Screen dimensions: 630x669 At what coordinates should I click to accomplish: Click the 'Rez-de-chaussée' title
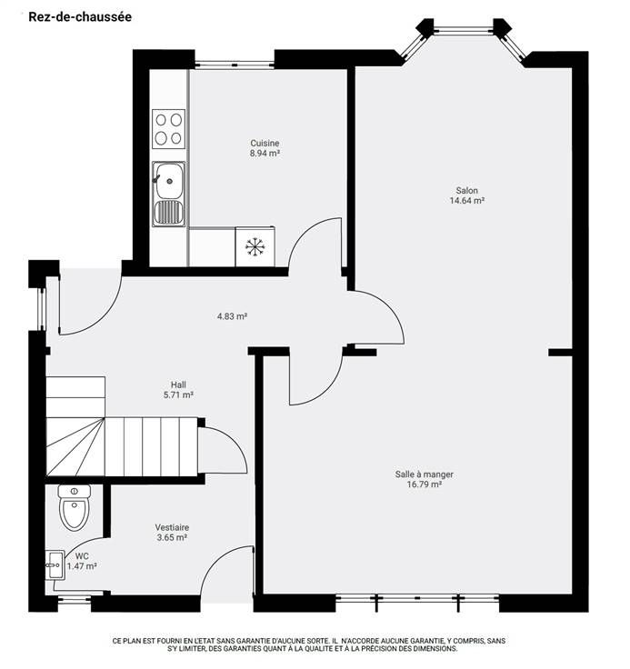(80, 17)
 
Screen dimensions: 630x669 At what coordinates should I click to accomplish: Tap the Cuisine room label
(265, 143)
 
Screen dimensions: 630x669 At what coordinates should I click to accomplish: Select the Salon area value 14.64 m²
(467, 201)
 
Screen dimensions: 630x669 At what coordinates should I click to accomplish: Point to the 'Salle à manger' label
(425, 474)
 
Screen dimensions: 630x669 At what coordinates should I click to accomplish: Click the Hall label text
(178, 384)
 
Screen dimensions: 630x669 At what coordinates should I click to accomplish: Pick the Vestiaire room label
(172, 527)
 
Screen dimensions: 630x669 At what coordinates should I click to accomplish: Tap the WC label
(82, 556)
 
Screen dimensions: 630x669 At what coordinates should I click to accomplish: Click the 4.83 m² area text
(232, 316)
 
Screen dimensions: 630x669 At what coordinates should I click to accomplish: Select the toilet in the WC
(75, 507)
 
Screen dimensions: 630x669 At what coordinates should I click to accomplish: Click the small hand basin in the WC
(55, 564)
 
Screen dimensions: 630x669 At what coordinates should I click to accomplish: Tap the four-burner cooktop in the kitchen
(168, 129)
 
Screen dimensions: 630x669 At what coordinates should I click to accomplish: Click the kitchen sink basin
(169, 181)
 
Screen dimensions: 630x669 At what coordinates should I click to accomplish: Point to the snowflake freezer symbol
(255, 247)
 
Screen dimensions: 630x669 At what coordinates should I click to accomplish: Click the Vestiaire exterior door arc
(215, 563)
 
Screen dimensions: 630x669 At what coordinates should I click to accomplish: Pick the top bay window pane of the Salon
(464, 30)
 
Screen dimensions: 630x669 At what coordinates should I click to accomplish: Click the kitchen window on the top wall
(235, 65)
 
